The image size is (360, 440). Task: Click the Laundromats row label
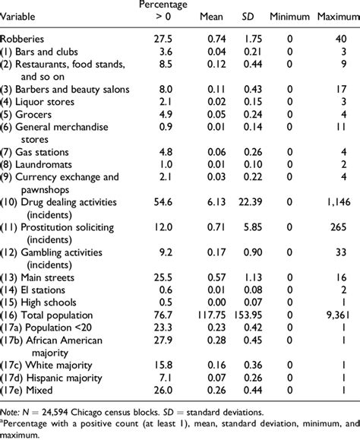(39, 164)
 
